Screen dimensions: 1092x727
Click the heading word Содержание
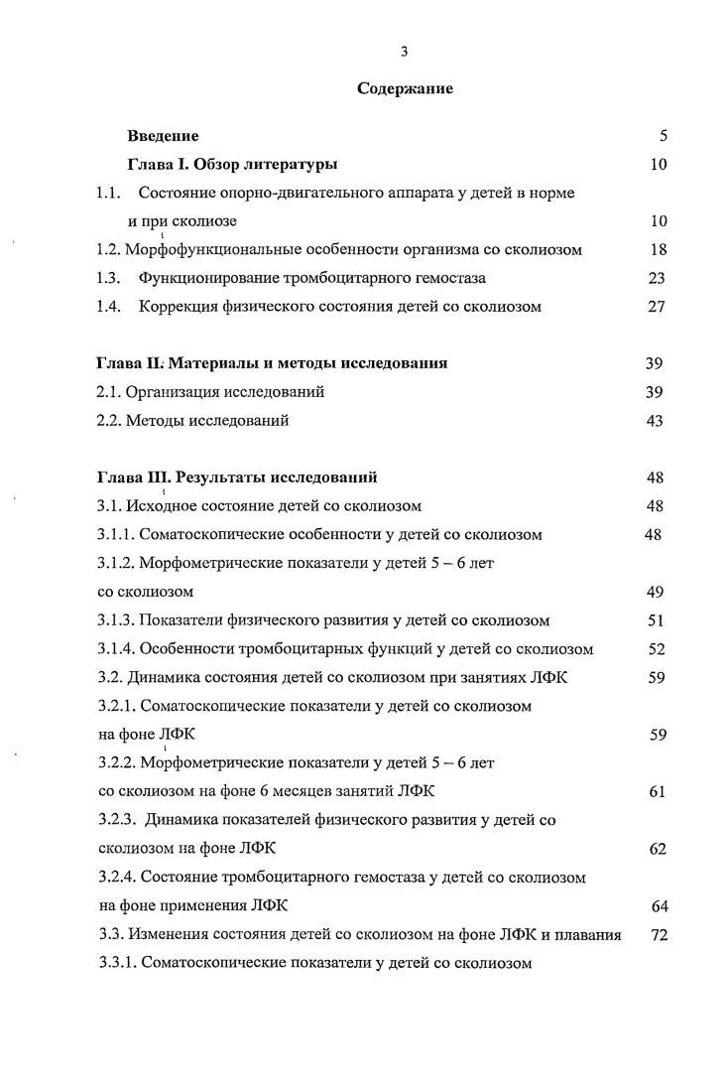tap(405, 89)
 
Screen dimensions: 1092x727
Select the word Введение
tap(163, 135)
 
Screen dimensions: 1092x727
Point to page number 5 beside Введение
tap(663, 135)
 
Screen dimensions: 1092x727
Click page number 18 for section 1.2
tap(658, 249)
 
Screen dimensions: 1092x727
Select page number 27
tap(657, 307)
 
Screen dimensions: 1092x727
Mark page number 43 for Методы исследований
tap(656, 421)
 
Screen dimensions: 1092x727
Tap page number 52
tap(656, 649)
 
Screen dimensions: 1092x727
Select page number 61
tap(657, 791)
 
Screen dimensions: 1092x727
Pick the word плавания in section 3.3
tap(589, 934)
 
